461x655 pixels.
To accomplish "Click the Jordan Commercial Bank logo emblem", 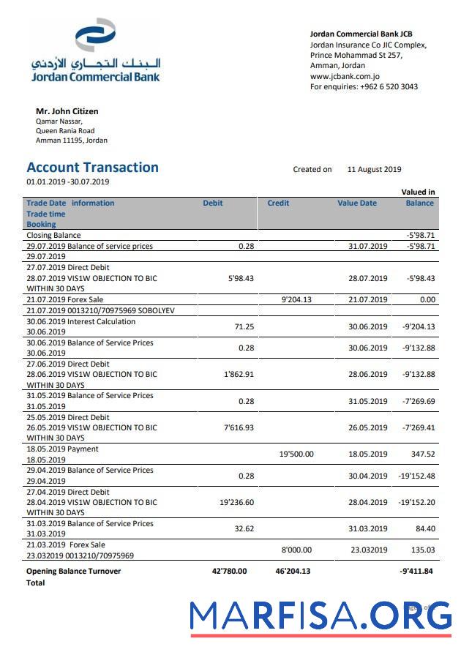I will coord(95,37).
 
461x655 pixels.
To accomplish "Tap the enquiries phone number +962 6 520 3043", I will coord(389,86).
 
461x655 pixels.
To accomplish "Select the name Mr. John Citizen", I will coord(67,111).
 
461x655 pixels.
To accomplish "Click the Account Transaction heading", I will coord(92,167).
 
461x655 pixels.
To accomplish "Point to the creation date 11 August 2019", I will coord(374,169).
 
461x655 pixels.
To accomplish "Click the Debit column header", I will coord(213,203).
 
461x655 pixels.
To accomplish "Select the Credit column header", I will coord(278,203).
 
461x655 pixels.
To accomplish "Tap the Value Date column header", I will coord(357,203).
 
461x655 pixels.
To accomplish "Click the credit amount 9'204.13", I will coord(296,299).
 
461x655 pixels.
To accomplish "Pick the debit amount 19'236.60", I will coord(236,503).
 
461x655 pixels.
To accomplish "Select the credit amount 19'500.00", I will coord(296,454).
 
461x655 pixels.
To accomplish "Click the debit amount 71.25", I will coord(244,327).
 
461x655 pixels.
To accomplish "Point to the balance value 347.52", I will coord(423,454).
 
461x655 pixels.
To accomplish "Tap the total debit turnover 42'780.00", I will coord(229,571).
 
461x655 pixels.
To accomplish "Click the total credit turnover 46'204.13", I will coord(293,571).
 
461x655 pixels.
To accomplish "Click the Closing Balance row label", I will coord(53,236).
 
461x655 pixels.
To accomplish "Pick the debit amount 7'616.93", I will coord(239,427).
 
